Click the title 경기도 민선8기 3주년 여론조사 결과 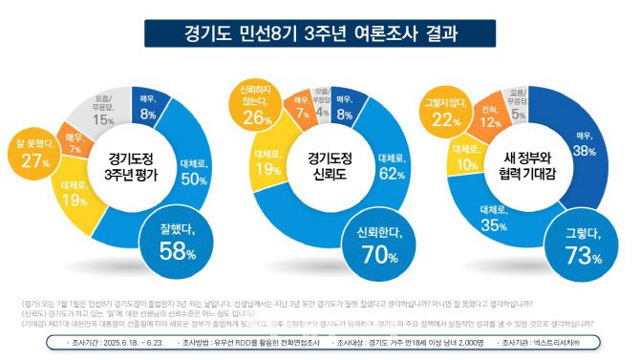tap(320, 34)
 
